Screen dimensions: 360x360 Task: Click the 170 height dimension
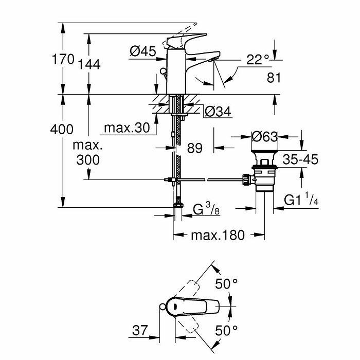pyautogui.click(x=64, y=59)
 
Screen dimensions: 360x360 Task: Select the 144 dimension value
pyautogui.click(x=89, y=64)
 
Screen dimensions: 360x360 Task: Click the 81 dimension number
pyautogui.click(x=275, y=79)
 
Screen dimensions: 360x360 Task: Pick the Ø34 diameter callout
pyautogui.click(x=217, y=111)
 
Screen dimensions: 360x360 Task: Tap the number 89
pyautogui.click(x=194, y=148)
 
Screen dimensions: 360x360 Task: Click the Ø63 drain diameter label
pyautogui.click(x=265, y=136)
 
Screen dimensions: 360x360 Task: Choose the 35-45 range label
pyautogui.click(x=301, y=159)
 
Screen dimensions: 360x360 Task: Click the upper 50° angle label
pyautogui.click(x=226, y=283)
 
